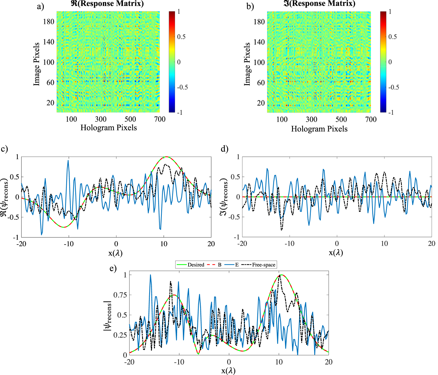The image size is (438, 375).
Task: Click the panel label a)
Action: click(40, 6)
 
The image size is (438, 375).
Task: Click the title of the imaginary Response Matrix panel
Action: click(319, 4)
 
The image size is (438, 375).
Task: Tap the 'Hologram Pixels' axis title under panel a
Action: click(108, 128)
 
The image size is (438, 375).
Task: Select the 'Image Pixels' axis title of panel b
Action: click(247, 64)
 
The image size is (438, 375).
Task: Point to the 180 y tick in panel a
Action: click(48, 22)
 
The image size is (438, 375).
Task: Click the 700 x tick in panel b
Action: click(371, 119)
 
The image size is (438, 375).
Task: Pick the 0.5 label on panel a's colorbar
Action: click(181, 37)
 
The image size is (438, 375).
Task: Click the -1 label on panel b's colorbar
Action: click(391, 112)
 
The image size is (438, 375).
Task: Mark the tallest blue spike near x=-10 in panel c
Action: click(68, 161)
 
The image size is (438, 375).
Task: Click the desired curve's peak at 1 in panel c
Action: click(166, 157)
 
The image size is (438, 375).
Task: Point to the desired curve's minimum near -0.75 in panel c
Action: click(64, 227)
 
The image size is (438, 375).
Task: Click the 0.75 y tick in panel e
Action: click(121, 295)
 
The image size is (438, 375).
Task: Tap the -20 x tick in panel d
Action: click(242, 244)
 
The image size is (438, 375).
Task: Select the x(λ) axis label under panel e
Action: click(228, 371)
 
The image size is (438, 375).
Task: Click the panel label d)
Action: click(224, 149)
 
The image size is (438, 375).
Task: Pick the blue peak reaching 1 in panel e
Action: click(150, 275)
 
